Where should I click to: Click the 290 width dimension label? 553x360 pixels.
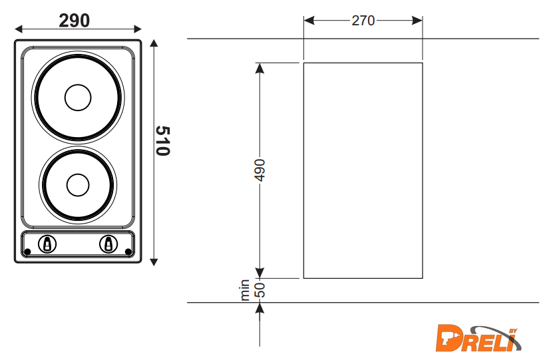click(75, 21)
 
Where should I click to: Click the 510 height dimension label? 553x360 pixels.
click(163, 140)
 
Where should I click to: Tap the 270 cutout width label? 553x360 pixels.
click(363, 21)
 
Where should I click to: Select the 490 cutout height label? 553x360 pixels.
click(260, 170)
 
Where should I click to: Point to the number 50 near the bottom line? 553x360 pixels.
click(260, 290)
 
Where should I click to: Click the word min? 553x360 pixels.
click(245, 290)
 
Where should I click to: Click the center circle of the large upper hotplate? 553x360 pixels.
click(78, 97)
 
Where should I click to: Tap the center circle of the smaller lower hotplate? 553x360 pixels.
click(78, 185)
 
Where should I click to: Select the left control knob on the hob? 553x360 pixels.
click(47, 244)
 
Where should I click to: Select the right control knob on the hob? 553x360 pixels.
click(108, 244)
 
